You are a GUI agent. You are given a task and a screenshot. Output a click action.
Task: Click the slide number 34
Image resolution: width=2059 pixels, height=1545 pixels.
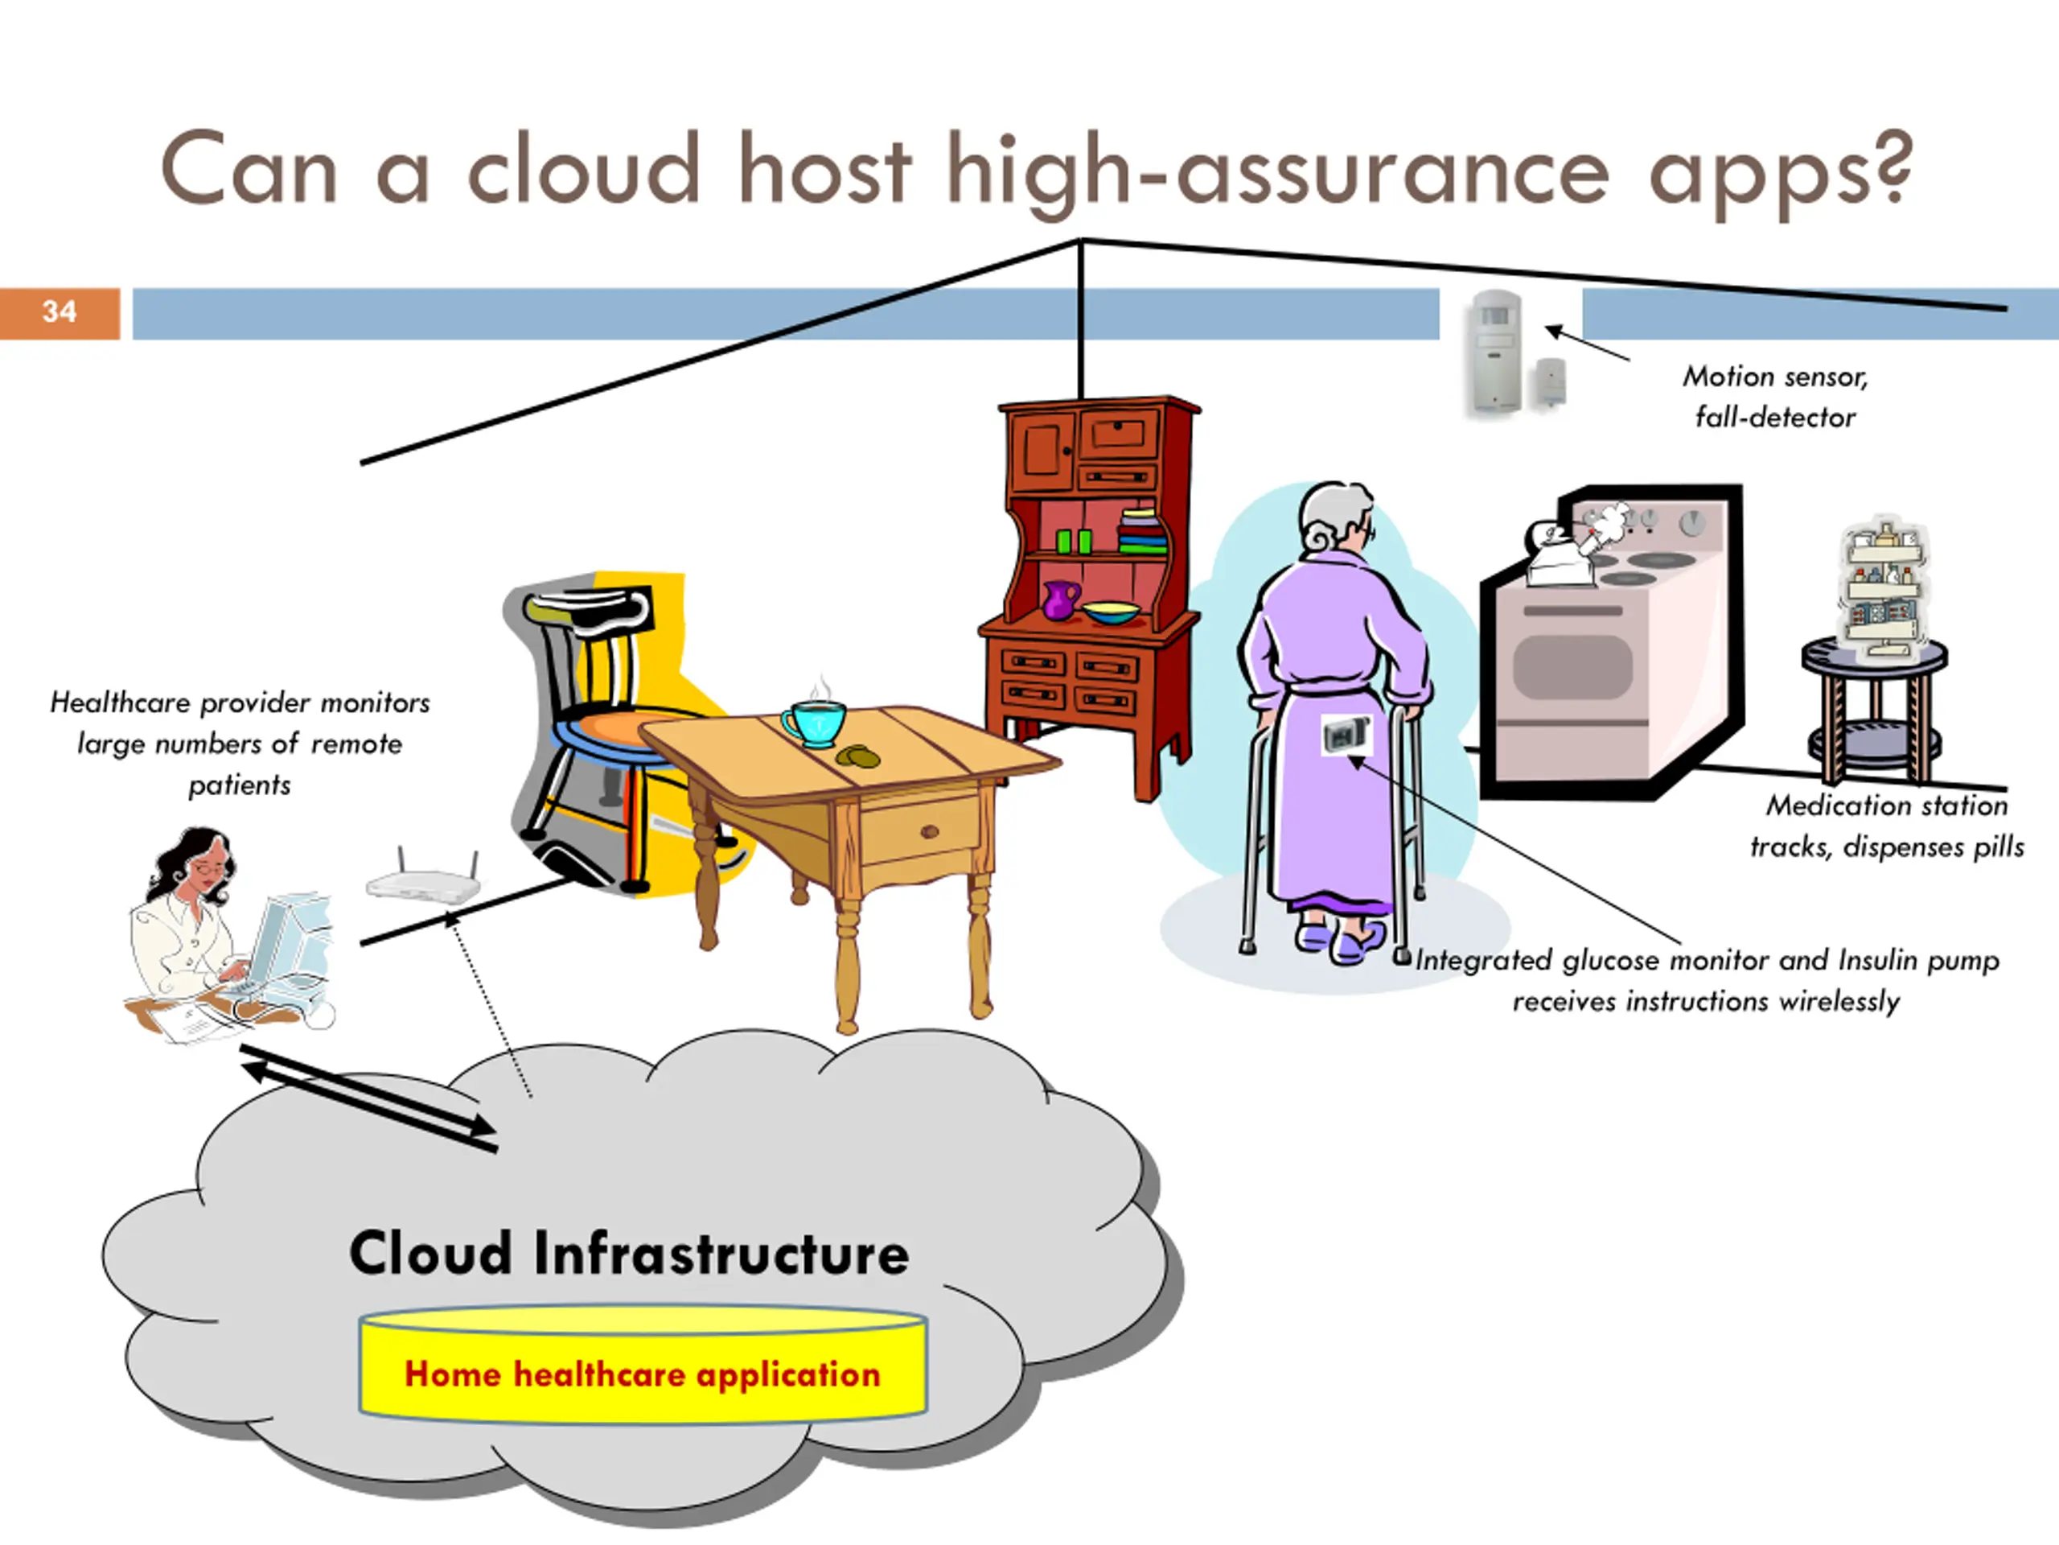pyautogui.click(x=60, y=311)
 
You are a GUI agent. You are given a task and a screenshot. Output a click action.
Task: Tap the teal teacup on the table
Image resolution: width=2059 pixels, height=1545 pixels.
pyautogui.click(x=815, y=723)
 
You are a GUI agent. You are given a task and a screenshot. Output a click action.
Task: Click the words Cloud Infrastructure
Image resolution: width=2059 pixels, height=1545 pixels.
pyautogui.click(x=629, y=1253)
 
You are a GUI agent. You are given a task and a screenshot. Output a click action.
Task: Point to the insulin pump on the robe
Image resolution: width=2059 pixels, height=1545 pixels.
pyautogui.click(x=1346, y=735)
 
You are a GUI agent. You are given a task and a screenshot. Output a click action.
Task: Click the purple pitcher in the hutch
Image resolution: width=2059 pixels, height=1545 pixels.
pyautogui.click(x=1061, y=599)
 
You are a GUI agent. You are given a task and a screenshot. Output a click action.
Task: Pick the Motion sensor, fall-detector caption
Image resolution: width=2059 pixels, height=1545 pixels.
pyautogui.click(x=1774, y=397)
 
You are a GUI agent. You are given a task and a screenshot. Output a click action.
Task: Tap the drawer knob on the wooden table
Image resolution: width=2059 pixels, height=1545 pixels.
pyautogui.click(x=929, y=831)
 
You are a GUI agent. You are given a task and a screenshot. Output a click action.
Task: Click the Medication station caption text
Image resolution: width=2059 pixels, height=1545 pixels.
pyautogui.click(x=1887, y=825)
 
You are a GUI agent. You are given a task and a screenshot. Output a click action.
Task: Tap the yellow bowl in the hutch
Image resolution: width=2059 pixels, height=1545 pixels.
pyautogui.click(x=1112, y=612)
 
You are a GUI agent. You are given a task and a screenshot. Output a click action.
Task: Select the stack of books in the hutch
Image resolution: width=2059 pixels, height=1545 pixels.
pyautogui.click(x=1141, y=531)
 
